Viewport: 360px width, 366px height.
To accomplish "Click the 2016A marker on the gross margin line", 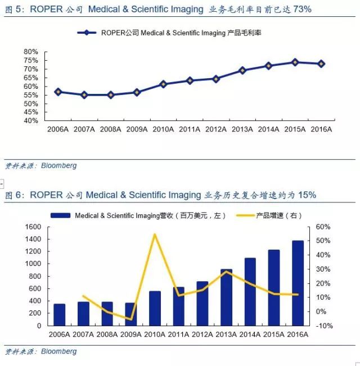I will (x=321, y=64).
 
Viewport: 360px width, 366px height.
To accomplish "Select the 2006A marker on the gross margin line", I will (x=58, y=92).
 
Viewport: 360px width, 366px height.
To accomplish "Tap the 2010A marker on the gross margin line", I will (x=163, y=84).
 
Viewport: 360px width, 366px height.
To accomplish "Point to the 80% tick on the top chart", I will (x=31, y=52).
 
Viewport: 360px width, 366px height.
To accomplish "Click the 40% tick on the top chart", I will (x=31, y=121).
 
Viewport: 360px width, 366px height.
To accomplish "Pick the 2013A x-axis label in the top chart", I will (x=242, y=129).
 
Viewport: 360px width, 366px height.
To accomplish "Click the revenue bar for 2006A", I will (x=59, y=314).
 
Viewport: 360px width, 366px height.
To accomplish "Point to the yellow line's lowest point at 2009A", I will (x=130, y=319).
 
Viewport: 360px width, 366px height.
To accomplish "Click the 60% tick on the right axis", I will (x=324, y=227).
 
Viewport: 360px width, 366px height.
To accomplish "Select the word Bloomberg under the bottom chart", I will (x=58, y=352).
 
